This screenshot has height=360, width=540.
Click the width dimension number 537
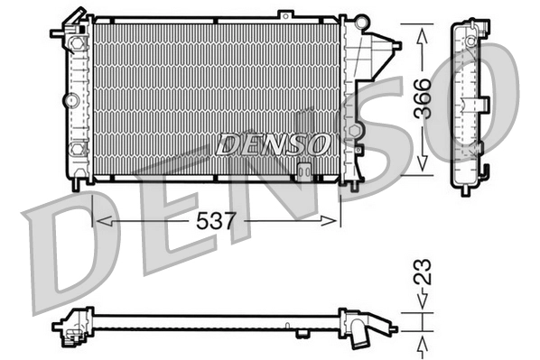[x=215, y=218]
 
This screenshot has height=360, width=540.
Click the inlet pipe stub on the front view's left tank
[x=60, y=31]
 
